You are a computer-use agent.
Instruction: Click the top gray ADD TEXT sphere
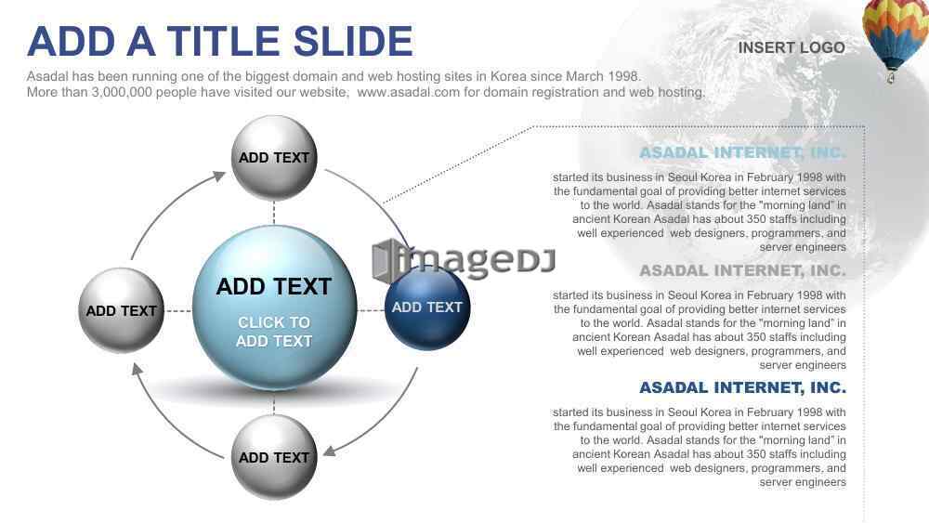coord(274,158)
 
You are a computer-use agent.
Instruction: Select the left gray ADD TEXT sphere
coord(122,309)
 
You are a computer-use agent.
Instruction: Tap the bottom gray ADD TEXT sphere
coord(274,457)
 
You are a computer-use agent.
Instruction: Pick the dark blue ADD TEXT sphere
coord(427,307)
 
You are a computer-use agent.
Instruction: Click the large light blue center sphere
coord(274,308)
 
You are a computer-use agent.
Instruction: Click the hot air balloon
coord(896,38)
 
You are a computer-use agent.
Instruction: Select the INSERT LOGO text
coord(792,47)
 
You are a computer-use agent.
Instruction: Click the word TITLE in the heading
coord(223,42)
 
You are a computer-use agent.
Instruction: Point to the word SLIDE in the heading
coord(353,42)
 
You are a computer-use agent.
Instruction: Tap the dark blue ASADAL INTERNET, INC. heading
coord(743,387)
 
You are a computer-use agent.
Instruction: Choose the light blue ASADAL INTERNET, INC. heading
coord(743,152)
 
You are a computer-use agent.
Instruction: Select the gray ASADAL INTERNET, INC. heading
coord(743,270)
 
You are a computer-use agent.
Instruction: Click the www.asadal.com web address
coord(408,92)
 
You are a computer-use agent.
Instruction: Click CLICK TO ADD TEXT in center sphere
coord(274,332)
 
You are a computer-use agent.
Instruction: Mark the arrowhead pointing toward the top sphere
coord(220,176)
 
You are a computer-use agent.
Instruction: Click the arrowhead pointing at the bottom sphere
coord(330,451)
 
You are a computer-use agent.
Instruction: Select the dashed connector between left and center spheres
coord(178,310)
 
